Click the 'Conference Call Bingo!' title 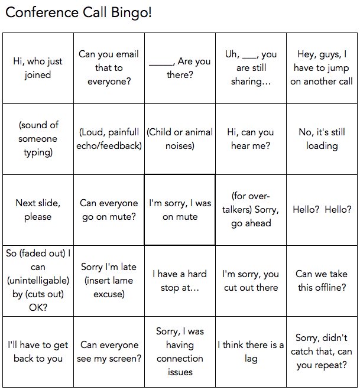pyautogui.click(x=79, y=12)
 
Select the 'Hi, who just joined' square pyautogui.click(x=38, y=68)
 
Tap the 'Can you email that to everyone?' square pyautogui.click(x=109, y=68)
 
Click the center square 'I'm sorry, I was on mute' pyautogui.click(x=180, y=210)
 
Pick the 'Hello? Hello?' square pyautogui.click(x=322, y=210)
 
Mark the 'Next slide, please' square pyautogui.click(x=38, y=210)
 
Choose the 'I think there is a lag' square pyautogui.click(x=251, y=352)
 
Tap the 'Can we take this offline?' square pyautogui.click(x=322, y=281)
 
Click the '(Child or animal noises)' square pyautogui.click(x=180, y=139)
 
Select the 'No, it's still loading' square pyautogui.click(x=322, y=139)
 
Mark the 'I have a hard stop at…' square pyautogui.click(x=180, y=281)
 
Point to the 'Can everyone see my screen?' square pyautogui.click(x=109, y=352)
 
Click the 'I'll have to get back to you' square pyautogui.click(x=38, y=352)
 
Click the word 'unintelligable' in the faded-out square pyautogui.click(x=38, y=281)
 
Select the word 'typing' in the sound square pyautogui.click(x=38, y=153)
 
